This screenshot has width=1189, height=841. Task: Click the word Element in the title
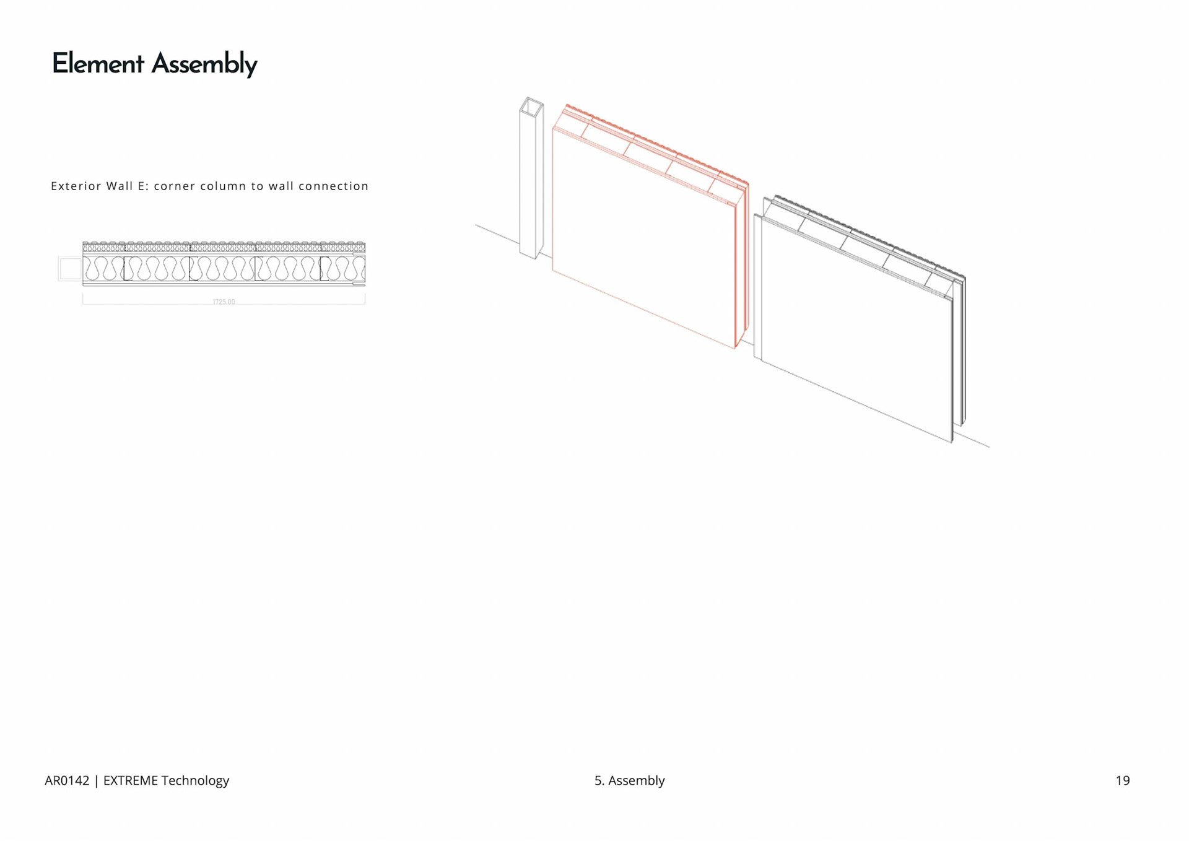(98, 64)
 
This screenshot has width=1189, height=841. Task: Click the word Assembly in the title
(204, 64)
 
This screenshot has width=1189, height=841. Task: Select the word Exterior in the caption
(76, 186)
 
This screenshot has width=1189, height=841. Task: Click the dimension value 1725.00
(224, 302)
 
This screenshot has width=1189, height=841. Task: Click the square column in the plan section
(71, 269)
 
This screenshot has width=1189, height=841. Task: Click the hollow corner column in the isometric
(529, 186)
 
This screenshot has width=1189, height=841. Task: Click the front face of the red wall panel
(644, 242)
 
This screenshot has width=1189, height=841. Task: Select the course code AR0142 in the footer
(67, 780)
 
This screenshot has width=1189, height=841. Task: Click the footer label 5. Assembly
(629, 780)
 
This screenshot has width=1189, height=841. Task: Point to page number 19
(1122, 780)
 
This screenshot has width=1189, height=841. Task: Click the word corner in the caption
(173, 186)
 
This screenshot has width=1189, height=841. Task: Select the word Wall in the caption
(120, 186)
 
